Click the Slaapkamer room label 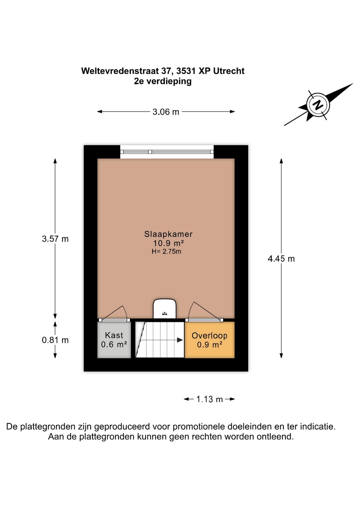pos(168,234)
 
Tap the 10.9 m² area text pos(168,243)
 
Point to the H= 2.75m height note pos(166,252)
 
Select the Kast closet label pos(114,335)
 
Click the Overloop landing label pos(209,336)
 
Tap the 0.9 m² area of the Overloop pos(209,345)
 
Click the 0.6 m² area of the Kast pos(114,344)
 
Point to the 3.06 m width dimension pos(166,112)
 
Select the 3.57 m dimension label pos(55,239)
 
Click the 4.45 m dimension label pos(281,258)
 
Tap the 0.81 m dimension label pos(55,340)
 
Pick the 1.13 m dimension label pos(209,399)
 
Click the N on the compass pos(318,105)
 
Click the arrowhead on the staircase pos(180,340)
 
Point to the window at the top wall pos(167,152)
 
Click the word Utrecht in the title pos(229,71)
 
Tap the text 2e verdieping pos(163,81)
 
